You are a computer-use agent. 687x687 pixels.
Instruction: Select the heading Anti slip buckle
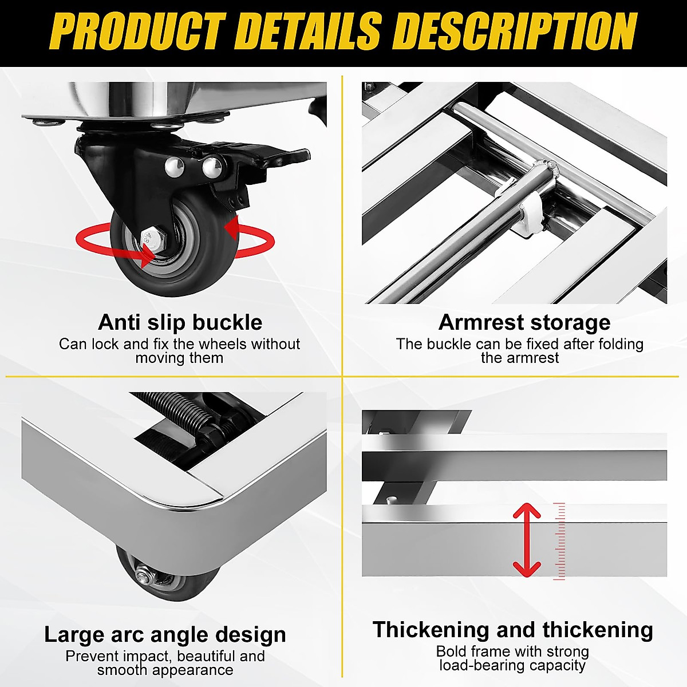[x=180, y=322]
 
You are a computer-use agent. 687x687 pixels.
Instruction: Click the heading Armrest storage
[x=524, y=322]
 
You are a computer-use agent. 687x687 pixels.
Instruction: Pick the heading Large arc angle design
[x=165, y=634]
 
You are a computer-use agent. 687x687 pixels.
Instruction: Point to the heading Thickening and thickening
[x=512, y=630]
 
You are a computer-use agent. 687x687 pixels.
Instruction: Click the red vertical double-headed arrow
[x=527, y=539]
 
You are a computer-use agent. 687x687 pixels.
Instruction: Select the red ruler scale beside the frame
[x=560, y=541]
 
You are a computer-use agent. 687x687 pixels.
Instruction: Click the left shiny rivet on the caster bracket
[x=174, y=167]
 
